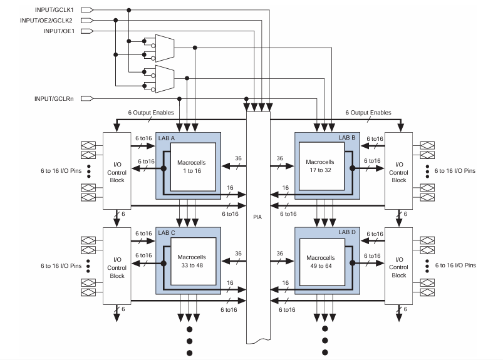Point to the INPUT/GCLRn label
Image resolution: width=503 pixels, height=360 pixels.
pyautogui.click(x=56, y=98)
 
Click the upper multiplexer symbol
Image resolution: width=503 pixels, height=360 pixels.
pyautogui.click(x=163, y=46)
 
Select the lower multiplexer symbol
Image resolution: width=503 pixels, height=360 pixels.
pyautogui.click(x=163, y=78)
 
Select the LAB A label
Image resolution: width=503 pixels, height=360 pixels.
pyautogui.click(x=167, y=136)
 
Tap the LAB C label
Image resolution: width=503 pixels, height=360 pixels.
pyautogui.click(x=167, y=232)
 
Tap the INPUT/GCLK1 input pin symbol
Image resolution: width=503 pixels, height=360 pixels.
pyautogui.click(x=88, y=10)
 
